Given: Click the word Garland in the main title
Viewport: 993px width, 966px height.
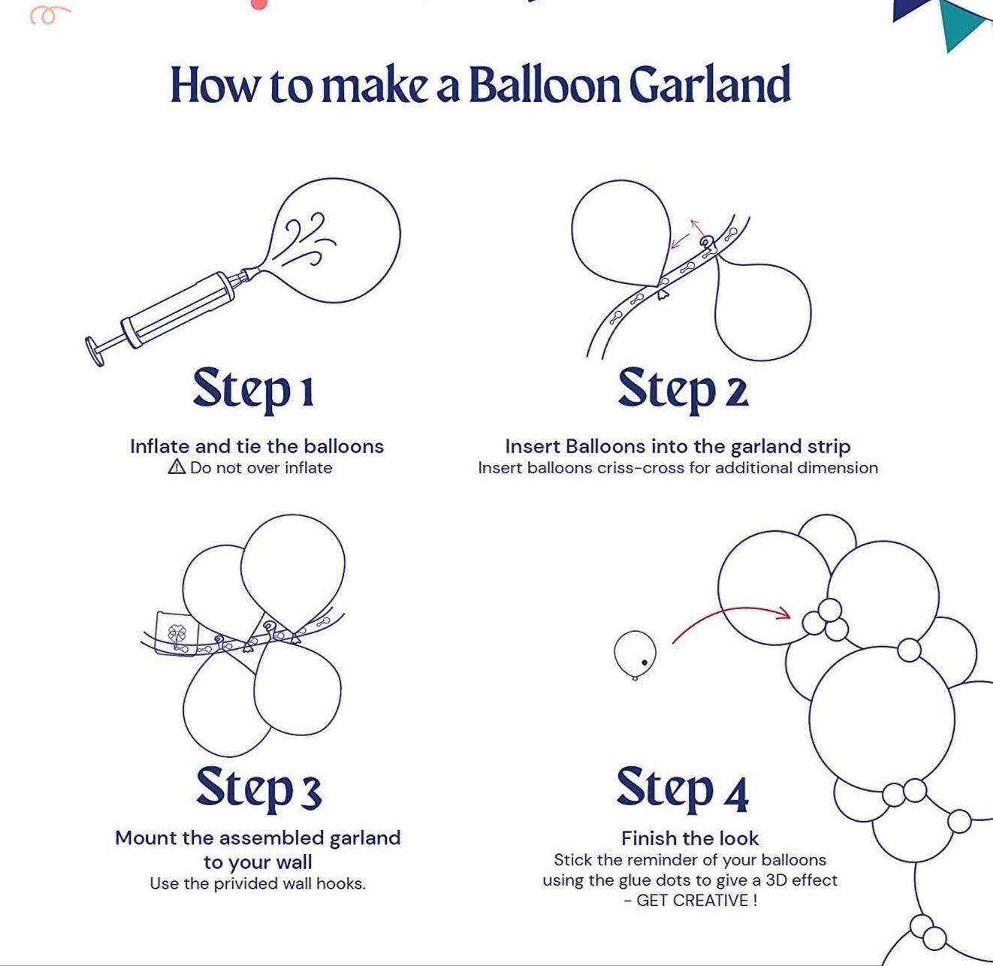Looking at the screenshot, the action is pyautogui.click(x=710, y=84).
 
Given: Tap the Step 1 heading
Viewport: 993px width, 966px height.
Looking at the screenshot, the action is pyautogui.click(x=254, y=390).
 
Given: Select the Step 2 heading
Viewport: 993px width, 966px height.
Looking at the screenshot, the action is pyautogui.click(x=684, y=390).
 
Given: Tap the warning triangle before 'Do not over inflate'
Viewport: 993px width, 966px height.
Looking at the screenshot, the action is pyautogui.click(x=177, y=466).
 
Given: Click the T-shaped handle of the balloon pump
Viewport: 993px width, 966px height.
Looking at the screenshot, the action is pyautogui.click(x=95, y=351).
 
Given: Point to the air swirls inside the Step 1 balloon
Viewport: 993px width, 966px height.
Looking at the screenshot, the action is pyautogui.click(x=307, y=239).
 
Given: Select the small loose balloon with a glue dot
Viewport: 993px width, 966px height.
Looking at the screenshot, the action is pyautogui.click(x=635, y=655).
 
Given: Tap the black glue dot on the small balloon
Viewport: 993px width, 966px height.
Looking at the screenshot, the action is pyautogui.click(x=644, y=663).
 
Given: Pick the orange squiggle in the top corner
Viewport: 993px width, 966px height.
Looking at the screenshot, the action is pyautogui.click(x=50, y=15).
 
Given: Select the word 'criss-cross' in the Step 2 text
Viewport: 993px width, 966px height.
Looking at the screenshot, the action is pyautogui.click(x=641, y=468).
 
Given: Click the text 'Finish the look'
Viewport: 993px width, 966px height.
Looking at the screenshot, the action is pyautogui.click(x=690, y=838).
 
